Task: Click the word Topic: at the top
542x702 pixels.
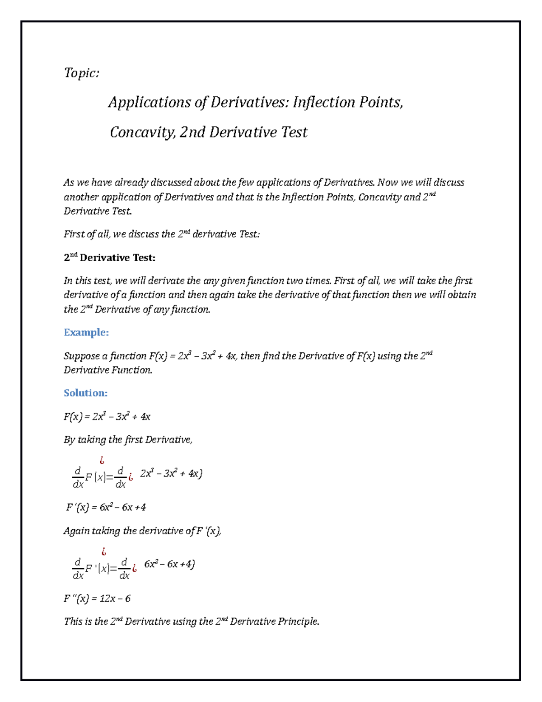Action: tap(81, 73)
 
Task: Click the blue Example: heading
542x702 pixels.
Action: tap(86, 333)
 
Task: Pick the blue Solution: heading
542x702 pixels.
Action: tap(85, 393)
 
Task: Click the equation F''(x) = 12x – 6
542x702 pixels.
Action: tap(97, 598)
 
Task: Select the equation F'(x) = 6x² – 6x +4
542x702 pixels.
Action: tap(106, 507)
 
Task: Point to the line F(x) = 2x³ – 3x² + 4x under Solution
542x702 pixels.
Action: tap(107, 417)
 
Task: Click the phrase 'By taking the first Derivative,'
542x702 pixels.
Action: tap(128, 440)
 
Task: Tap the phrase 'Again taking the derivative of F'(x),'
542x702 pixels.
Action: tap(142, 531)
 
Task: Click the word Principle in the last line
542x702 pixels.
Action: tap(298, 622)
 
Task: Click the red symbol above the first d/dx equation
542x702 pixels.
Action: tap(102, 461)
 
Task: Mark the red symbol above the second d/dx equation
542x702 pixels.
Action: tap(104, 551)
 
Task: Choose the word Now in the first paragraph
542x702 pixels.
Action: tap(388, 183)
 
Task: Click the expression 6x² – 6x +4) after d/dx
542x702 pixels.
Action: tap(169, 564)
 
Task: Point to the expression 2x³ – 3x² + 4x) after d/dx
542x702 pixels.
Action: tap(171, 473)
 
